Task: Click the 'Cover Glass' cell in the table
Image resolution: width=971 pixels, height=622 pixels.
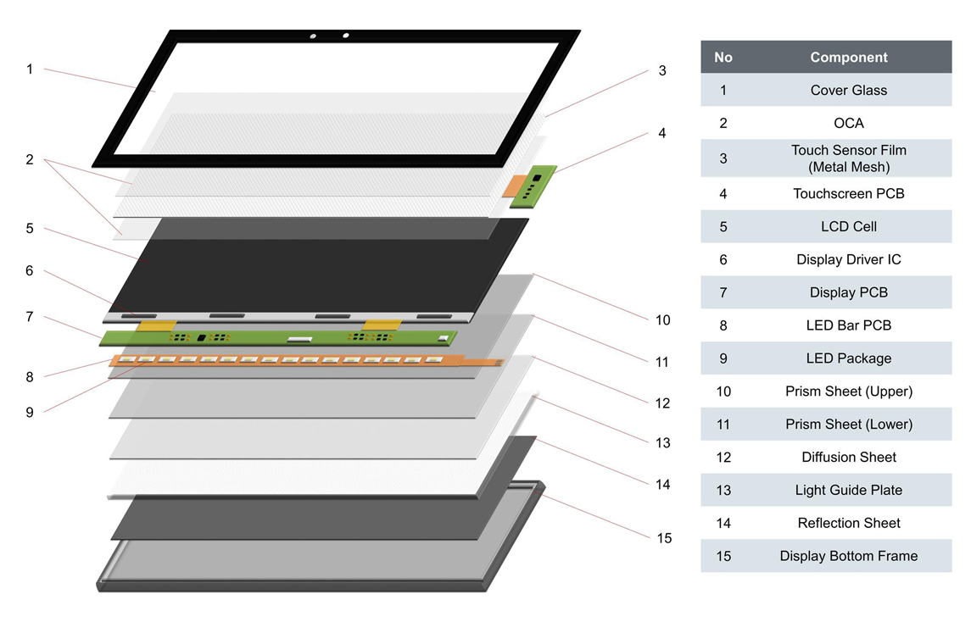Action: tap(848, 91)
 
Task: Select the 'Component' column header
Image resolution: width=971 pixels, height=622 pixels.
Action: tap(848, 58)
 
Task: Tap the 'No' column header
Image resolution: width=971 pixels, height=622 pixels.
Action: tap(723, 58)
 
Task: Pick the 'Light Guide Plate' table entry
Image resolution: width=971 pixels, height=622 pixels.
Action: tap(848, 490)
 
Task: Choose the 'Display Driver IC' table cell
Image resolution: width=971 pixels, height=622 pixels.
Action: tap(848, 259)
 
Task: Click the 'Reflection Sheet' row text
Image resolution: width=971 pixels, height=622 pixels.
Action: tap(848, 523)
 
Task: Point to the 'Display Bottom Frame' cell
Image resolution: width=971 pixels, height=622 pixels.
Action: tap(848, 556)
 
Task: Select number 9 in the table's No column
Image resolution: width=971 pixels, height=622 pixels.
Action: tap(723, 358)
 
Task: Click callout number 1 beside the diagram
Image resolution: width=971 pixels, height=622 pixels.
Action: tap(30, 69)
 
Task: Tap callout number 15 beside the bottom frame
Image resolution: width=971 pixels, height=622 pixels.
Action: tap(664, 538)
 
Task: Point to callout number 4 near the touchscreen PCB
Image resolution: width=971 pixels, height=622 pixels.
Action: tap(662, 133)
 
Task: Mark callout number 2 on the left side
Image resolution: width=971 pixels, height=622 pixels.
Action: tap(30, 159)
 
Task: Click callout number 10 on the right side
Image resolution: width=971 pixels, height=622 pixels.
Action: tap(662, 319)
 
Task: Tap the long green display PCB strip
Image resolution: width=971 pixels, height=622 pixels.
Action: tap(280, 338)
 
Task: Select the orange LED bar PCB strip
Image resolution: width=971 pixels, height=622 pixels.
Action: tap(297, 360)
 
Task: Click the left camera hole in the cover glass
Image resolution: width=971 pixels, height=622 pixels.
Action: tap(313, 36)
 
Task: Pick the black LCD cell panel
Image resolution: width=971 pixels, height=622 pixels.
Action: tap(322, 263)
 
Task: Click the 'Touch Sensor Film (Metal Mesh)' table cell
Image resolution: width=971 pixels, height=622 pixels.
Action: tap(848, 158)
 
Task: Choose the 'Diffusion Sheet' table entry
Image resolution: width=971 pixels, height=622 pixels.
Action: tap(848, 457)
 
